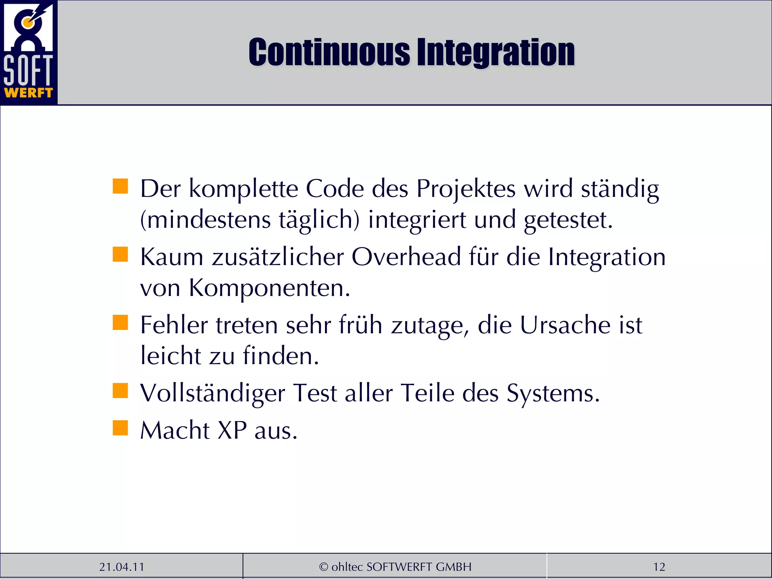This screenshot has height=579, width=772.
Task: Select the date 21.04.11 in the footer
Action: tap(121, 567)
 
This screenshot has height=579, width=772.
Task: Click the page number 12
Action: tap(659, 567)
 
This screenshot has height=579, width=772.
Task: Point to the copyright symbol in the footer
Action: tap(323, 567)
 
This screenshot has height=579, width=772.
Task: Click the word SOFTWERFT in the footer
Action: tap(400, 567)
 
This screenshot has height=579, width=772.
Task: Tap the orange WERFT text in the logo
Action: tap(28, 93)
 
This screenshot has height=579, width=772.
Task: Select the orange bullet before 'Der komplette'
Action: tap(120, 186)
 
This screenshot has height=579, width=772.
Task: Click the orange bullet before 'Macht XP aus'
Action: tap(120, 428)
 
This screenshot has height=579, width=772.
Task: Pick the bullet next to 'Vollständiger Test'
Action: tap(120, 391)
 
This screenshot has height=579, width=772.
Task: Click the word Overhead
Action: tap(406, 257)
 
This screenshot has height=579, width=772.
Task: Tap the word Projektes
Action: tap(466, 188)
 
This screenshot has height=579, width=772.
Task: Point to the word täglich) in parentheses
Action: tap(319, 220)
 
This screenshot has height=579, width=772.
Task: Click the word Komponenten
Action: tap(269, 288)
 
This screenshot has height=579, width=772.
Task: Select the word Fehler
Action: tap(174, 325)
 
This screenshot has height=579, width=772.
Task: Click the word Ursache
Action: tap(565, 325)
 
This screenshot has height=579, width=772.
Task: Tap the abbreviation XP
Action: tap(232, 430)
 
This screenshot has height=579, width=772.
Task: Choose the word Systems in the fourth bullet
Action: tap(553, 394)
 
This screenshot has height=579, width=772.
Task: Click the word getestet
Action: tap(568, 220)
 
